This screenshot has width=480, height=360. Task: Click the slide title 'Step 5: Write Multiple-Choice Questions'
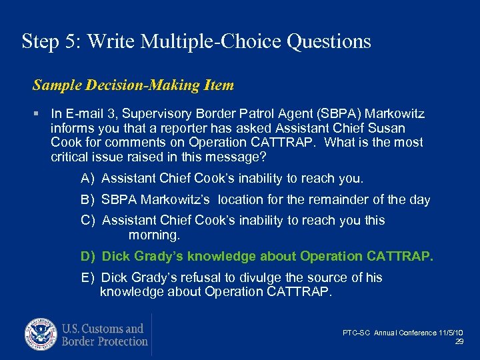pyautogui.click(x=196, y=41)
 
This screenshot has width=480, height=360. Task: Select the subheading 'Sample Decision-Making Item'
pyautogui.click(x=133, y=85)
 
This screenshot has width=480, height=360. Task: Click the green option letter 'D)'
pyautogui.click(x=89, y=256)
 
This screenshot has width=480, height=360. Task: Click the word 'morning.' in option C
pyautogui.click(x=154, y=235)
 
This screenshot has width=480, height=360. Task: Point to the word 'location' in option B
pyautogui.click(x=241, y=199)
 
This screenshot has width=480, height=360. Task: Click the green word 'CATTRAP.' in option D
pyautogui.click(x=400, y=256)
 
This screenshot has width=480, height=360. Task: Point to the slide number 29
pyautogui.click(x=459, y=341)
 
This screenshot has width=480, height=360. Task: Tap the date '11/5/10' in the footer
pyautogui.click(x=451, y=333)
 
